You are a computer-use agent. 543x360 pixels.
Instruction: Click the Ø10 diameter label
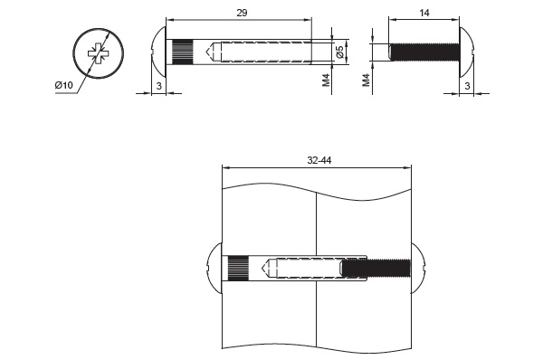click(63, 85)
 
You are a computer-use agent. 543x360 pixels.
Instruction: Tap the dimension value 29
click(242, 14)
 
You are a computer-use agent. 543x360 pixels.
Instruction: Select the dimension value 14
click(424, 14)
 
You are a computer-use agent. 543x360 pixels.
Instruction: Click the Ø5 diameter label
click(339, 52)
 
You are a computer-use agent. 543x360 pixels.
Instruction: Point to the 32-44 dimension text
click(319, 161)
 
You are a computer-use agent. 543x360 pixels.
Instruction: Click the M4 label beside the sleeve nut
click(326, 80)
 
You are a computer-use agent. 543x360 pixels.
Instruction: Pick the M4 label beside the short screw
click(366, 80)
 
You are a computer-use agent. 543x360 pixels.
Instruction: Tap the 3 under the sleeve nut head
click(159, 86)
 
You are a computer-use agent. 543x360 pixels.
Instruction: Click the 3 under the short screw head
click(467, 86)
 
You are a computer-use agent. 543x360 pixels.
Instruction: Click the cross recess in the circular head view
click(99, 53)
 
